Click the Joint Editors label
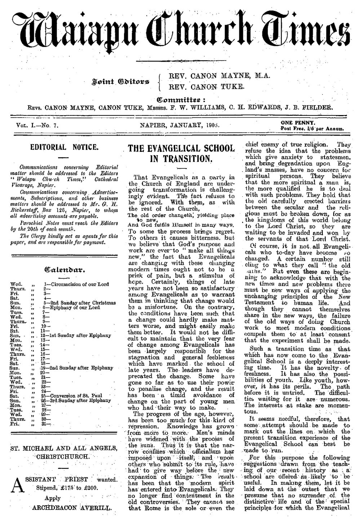pyautogui.click(x=125, y=83)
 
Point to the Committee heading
pyautogui.click(x=179, y=99)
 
